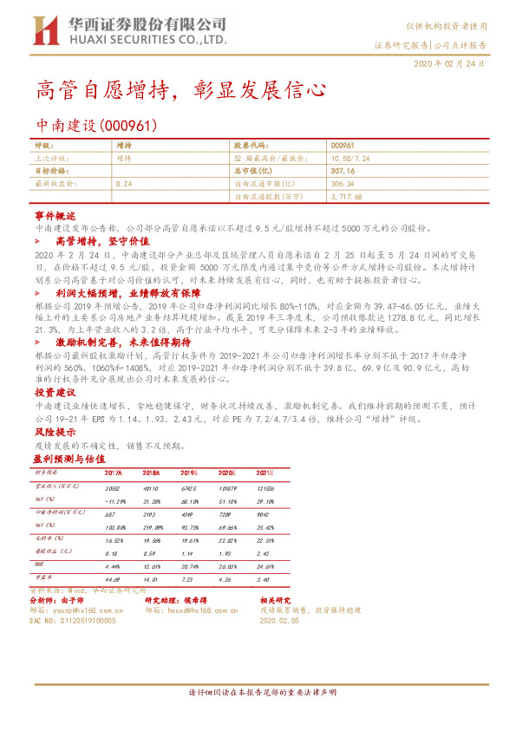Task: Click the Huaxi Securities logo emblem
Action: (x=44, y=33)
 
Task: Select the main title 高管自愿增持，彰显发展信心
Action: (x=181, y=89)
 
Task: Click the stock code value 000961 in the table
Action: (x=343, y=146)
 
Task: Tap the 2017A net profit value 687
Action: (x=109, y=512)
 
